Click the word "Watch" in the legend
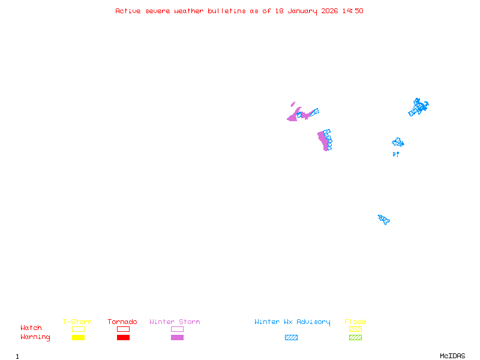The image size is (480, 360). point(31,328)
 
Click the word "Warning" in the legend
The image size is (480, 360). point(35,337)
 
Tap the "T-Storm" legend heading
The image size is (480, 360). point(77,322)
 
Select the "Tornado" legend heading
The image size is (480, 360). point(122,322)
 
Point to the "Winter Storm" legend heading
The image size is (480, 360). point(175,322)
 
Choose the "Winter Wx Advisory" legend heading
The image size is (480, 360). point(292,322)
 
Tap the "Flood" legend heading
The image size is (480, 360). point(355,322)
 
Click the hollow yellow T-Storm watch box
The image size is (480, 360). point(78,329)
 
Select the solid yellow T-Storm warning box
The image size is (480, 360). point(78,337)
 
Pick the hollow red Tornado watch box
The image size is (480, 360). point(123,329)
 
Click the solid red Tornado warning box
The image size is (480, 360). point(123,337)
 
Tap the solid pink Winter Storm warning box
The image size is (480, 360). point(177,337)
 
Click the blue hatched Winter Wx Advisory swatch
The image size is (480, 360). point(291,337)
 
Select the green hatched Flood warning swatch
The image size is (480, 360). point(355,337)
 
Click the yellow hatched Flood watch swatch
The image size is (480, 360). point(355,329)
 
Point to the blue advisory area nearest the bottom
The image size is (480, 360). point(383,220)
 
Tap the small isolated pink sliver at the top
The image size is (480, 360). point(293,104)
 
